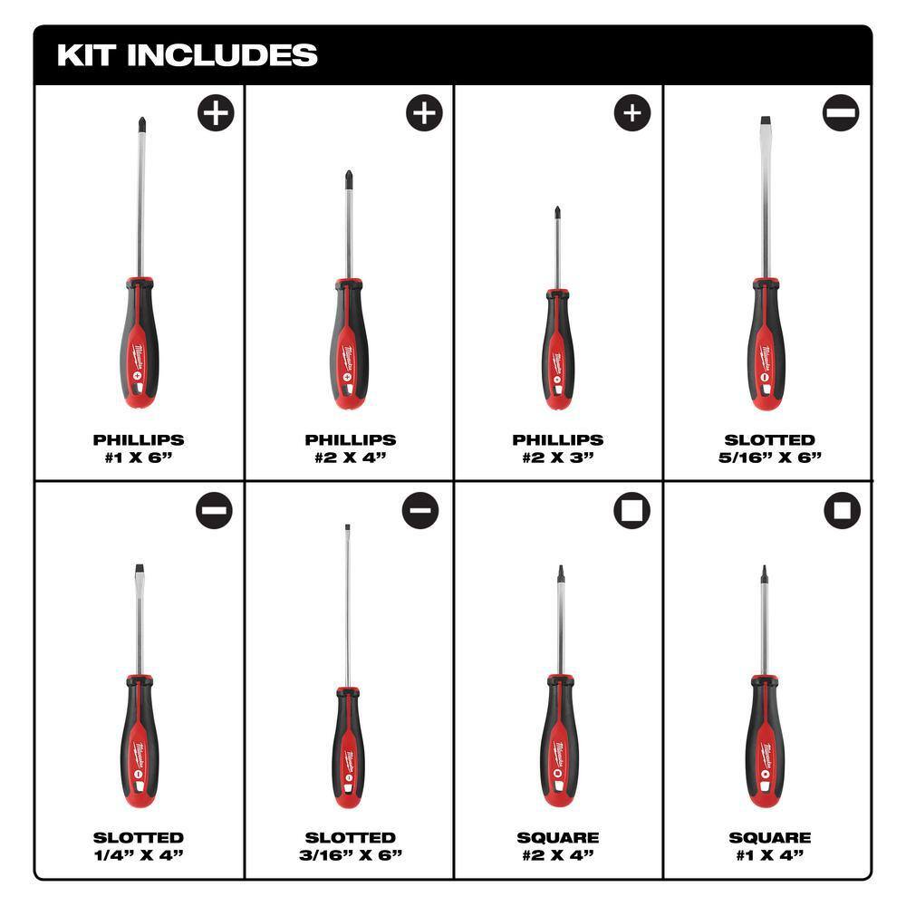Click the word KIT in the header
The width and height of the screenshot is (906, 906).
coord(88,55)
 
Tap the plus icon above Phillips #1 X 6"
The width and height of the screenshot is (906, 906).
coord(216,114)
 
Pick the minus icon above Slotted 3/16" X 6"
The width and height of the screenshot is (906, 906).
coord(422,511)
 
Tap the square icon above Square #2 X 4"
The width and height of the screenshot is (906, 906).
coord(632,511)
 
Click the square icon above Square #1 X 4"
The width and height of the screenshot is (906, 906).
coord(842,511)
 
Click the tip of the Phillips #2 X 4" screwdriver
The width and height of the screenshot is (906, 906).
coord(349,178)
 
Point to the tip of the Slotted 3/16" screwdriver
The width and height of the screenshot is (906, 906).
coord(347,528)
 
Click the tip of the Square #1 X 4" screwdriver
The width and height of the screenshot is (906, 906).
coord(763,572)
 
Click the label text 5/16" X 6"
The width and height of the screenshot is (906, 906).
coord(767,457)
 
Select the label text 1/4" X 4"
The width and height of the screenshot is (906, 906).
coord(139,854)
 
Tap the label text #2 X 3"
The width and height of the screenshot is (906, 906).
coord(558,457)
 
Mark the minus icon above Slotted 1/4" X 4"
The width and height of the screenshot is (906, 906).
coord(214,511)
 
